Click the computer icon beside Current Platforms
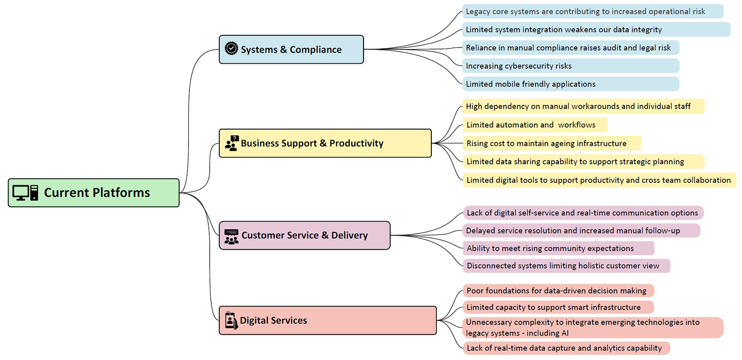coord(25,193)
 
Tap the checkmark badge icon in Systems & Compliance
coord(231,48)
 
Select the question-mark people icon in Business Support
coord(232,143)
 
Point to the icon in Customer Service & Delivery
coord(231,236)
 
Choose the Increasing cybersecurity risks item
coord(518,66)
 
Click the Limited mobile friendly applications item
coord(530,84)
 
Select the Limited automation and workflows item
coord(531,125)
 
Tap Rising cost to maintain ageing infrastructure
coord(546,143)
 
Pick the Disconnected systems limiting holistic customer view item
coord(563,266)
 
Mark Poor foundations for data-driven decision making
coord(556,291)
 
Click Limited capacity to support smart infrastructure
coord(554,308)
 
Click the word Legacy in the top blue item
coord(478,11)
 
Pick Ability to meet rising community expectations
coord(550,248)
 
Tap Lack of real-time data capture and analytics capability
coord(564,348)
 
